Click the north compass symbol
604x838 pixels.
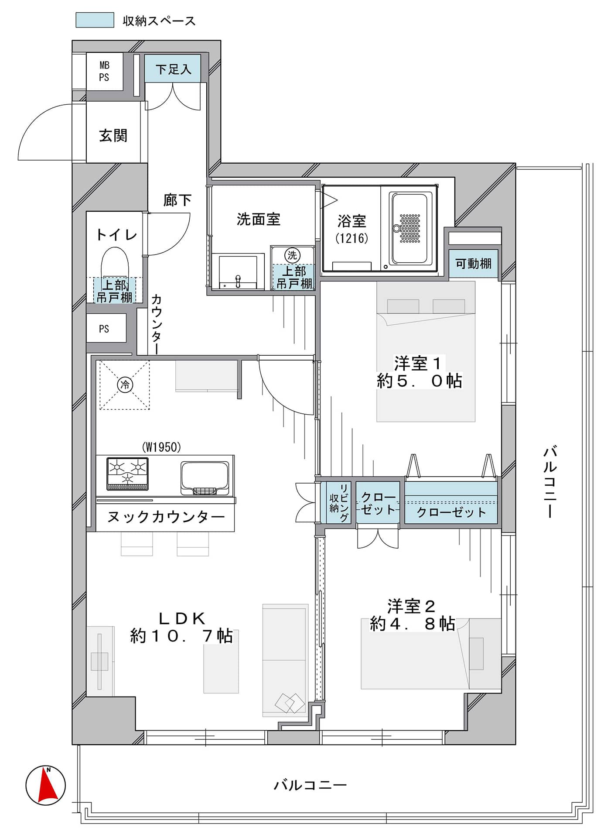pyautogui.click(x=45, y=785)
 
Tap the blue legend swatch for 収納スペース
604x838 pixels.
pyautogui.click(x=95, y=20)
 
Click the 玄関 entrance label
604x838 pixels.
pyautogui.click(x=113, y=135)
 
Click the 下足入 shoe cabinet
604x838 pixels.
pyautogui.click(x=173, y=68)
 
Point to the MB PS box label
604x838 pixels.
pyautogui.click(x=104, y=71)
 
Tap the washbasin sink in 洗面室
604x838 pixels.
pyautogui.click(x=238, y=272)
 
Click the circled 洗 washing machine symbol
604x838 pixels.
pyautogui.click(x=292, y=255)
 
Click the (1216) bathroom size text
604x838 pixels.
pyautogui.click(x=351, y=238)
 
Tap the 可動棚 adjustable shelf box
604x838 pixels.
pyautogui.click(x=473, y=263)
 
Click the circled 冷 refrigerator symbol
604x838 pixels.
pyautogui.click(x=125, y=385)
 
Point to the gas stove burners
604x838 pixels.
pyautogui.click(x=127, y=474)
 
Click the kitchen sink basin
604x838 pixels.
pyautogui.click(x=205, y=478)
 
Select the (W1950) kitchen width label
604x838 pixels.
pyautogui.click(x=161, y=447)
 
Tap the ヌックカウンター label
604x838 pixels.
pyautogui.click(x=166, y=517)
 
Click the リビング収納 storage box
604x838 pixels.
pyautogui.click(x=339, y=502)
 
